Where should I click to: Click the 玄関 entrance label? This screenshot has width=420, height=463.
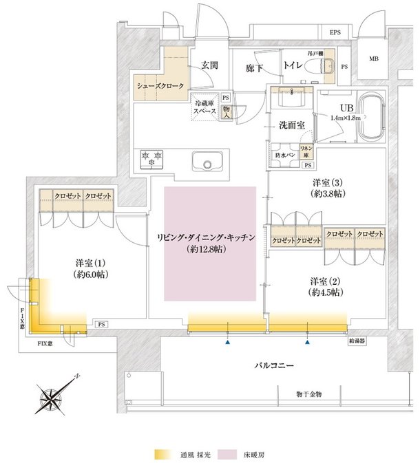[209, 65]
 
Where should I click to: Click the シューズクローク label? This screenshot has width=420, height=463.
[159, 86]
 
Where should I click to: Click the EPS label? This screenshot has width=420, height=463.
[335, 32]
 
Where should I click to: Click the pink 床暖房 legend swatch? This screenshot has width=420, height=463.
[226, 455]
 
